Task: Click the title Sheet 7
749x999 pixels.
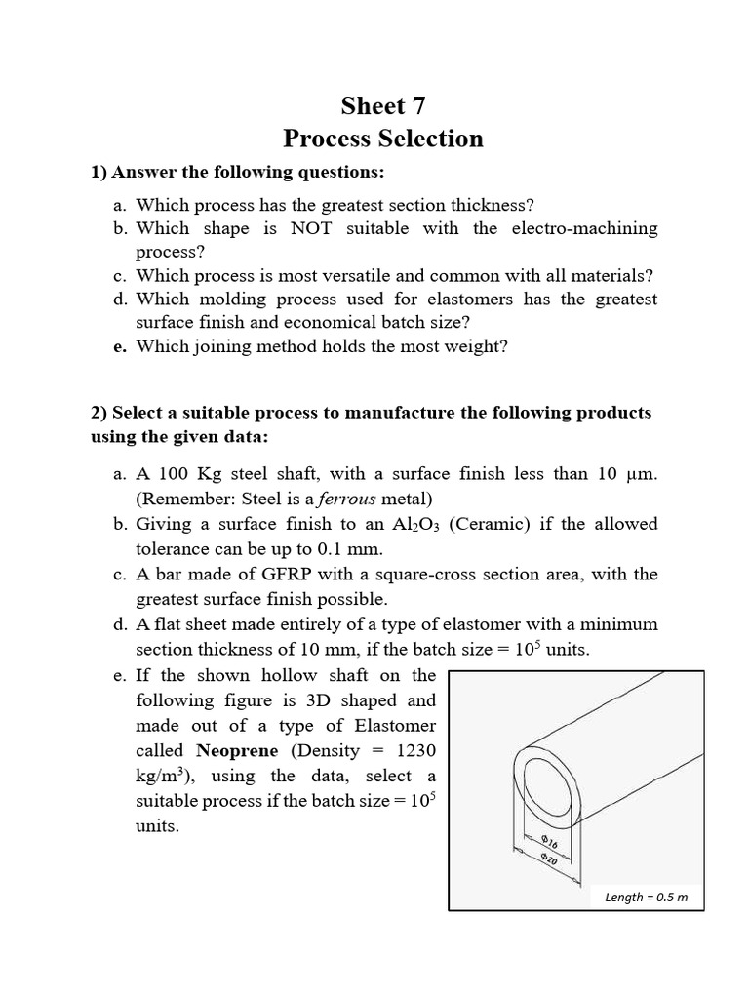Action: (383, 105)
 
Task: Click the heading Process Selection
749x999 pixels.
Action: (383, 139)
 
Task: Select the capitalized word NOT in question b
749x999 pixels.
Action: (311, 228)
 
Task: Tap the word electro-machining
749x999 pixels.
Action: (582, 228)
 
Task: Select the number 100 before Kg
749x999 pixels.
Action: (174, 474)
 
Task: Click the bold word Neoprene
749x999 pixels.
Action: (232, 751)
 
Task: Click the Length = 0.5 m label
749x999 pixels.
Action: (646, 897)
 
